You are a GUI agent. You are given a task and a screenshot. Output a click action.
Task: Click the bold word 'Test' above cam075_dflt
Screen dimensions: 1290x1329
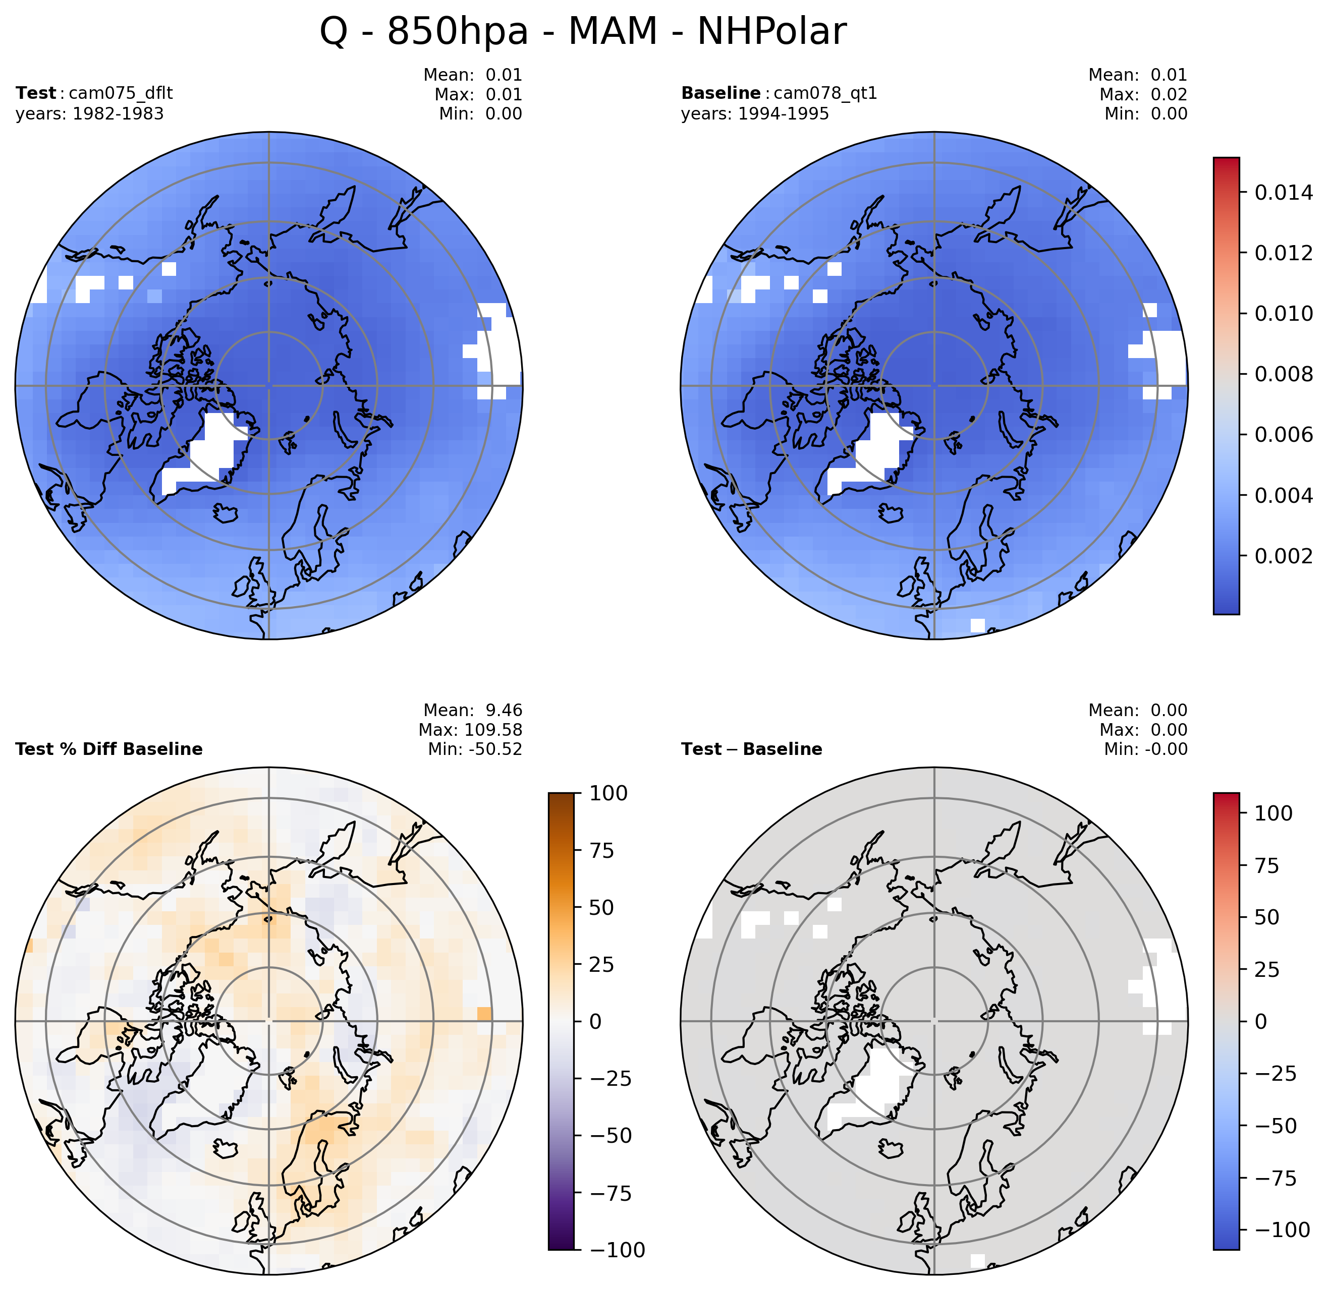[36, 93]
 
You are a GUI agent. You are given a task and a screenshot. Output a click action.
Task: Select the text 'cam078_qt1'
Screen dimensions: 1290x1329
[825, 93]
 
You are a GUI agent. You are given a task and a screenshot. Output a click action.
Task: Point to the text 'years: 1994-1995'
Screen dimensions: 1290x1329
[755, 114]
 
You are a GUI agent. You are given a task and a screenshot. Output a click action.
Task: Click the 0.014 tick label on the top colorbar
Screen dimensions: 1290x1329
[1284, 193]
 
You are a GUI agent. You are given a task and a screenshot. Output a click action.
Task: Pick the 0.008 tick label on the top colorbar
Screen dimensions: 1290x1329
[1284, 374]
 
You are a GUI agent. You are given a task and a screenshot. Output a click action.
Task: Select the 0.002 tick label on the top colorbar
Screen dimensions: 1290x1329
[1284, 556]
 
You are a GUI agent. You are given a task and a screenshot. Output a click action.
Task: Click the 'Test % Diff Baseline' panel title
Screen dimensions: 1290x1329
[108, 749]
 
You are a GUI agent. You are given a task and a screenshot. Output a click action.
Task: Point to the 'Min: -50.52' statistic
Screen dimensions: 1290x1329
[475, 749]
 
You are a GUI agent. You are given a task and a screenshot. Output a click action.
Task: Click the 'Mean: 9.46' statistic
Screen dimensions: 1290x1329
[473, 711]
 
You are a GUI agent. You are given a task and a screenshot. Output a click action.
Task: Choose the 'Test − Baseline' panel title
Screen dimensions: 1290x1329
[751, 749]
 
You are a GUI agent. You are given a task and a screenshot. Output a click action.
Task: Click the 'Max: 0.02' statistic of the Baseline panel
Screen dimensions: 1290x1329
[1143, 94]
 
